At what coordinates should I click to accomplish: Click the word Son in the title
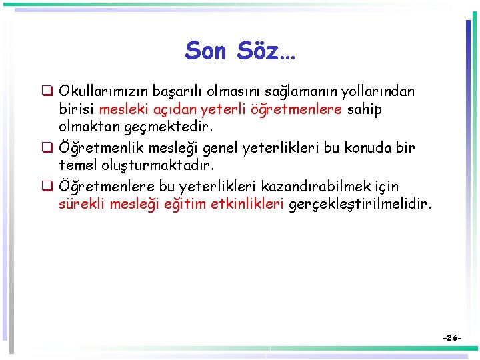tap(206, 50)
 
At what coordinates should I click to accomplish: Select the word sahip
tap(365, 109)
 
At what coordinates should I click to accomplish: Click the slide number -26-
tap(451, 339)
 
